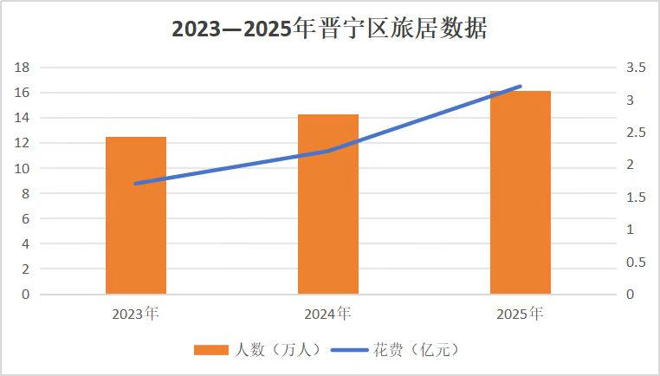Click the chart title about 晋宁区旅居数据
[x=329, y=29]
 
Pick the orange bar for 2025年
[x=521, y=192]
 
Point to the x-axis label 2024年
[x=328, y=313]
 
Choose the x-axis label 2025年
[x=521, y=313]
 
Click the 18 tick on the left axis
[x=23, y=68]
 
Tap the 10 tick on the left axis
[x=23, y=168]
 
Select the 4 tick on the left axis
[x=27, y=244]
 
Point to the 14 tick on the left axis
[x=23, y=118]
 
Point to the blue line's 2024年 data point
[x=328, y=151]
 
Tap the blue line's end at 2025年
[x=521, y=86]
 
